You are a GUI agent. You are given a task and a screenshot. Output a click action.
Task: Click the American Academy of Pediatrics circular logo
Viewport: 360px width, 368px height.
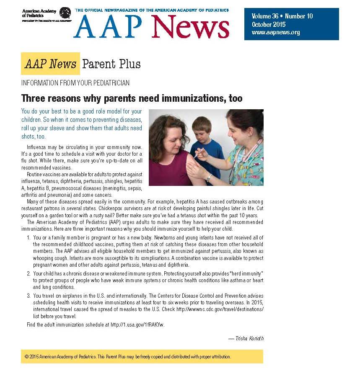[x=65, y=13]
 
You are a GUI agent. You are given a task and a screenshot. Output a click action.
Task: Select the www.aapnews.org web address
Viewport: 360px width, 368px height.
[x=276, y=32]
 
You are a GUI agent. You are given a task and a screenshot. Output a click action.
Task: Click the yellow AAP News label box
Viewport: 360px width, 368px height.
[x=50, y=64]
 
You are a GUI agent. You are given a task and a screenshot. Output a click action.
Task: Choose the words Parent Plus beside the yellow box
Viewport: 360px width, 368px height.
[x=111, y=64]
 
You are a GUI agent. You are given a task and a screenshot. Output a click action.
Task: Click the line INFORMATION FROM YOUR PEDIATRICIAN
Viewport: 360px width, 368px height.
[x=75, y=83]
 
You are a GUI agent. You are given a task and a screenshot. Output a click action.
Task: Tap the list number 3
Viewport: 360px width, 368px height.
[x=28, y=295]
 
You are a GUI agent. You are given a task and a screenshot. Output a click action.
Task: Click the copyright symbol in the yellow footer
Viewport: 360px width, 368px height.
[x=26, y=357]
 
